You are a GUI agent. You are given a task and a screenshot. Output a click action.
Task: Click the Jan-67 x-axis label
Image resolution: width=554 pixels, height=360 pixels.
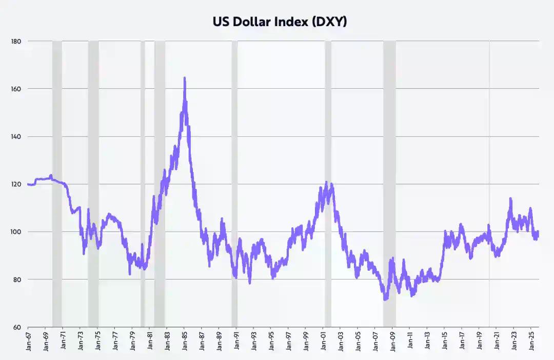tap(28, 342)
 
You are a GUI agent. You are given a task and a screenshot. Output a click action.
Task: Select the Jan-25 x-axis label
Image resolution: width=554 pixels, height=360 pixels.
tap(532, 342)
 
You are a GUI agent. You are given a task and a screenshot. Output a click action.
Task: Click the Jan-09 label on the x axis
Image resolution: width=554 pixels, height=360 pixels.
tap(393, 342)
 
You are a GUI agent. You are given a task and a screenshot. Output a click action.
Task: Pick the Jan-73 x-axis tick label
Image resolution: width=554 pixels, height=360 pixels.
tap(80, 342)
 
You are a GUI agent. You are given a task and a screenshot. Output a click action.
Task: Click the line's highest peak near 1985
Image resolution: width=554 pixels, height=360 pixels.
tap(185, 78)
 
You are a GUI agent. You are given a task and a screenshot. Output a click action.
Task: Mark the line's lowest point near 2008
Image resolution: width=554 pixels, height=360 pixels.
tap(385, 299)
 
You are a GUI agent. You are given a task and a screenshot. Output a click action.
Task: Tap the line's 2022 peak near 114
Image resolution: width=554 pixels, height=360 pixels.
tap(510, 198)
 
